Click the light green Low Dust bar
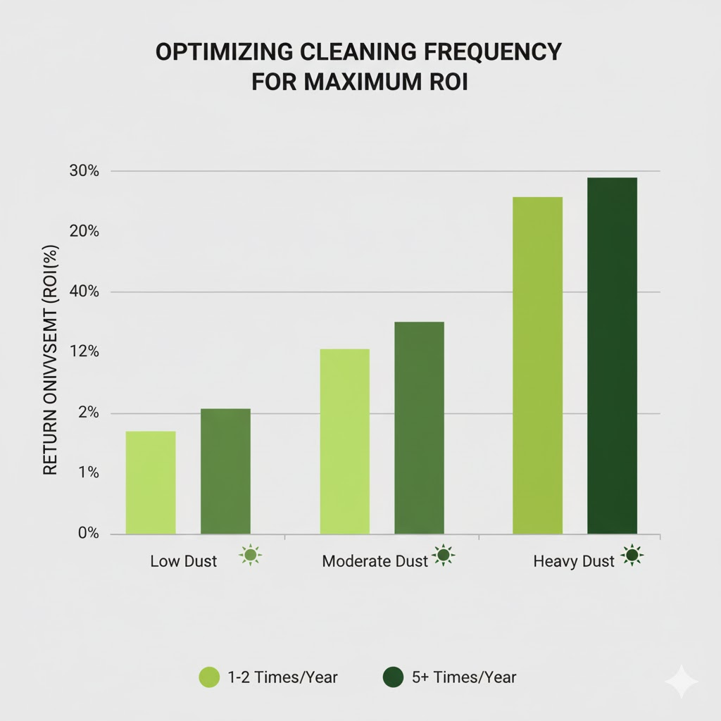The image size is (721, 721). (x=151, y=482)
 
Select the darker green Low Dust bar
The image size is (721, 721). (x=225, y=471)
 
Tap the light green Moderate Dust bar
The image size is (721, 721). (x=344, y=441)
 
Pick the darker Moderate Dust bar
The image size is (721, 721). (x=419, y=427)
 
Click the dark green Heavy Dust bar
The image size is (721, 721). (x=612, y=356)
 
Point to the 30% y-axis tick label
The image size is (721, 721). (x=84, y=171)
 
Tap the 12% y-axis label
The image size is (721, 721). (x=84, y=352)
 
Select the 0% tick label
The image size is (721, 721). (x=87, y=533)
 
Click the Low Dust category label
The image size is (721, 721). (x=184, y=561)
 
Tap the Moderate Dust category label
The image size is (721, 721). (x=375, y=561)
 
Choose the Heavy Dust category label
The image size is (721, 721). (x=574, y=561)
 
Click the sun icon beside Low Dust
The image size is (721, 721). (x=250, y=556)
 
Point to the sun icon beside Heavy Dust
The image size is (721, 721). (x=632, y=556)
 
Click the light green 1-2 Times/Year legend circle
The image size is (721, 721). (x=211, y=677)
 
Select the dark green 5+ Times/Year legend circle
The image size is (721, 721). (x=392, y=677)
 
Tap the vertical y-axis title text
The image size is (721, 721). (x=50, y=360)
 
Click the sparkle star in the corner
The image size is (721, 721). (x=681, y=682)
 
